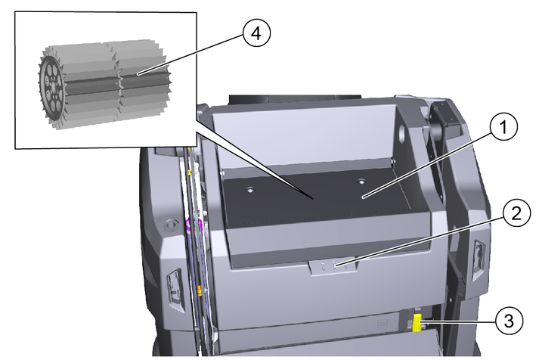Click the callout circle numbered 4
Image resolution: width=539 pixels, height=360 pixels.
click(256, 34)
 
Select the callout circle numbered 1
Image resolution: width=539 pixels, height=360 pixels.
click(503, 127)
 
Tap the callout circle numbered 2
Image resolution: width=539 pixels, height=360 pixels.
click(516, 213)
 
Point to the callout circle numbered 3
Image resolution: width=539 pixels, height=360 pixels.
click(509, 321)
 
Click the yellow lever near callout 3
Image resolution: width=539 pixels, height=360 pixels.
click(417, 323)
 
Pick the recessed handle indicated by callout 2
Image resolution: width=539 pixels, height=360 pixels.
click(333, 265)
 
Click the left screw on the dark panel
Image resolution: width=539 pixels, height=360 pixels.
click(250, 190)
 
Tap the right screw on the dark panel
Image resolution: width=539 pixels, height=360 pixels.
click(361, 182)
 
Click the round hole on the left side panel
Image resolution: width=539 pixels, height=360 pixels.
click(171, 226)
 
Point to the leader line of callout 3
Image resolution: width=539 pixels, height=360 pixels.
click(459, 322)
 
